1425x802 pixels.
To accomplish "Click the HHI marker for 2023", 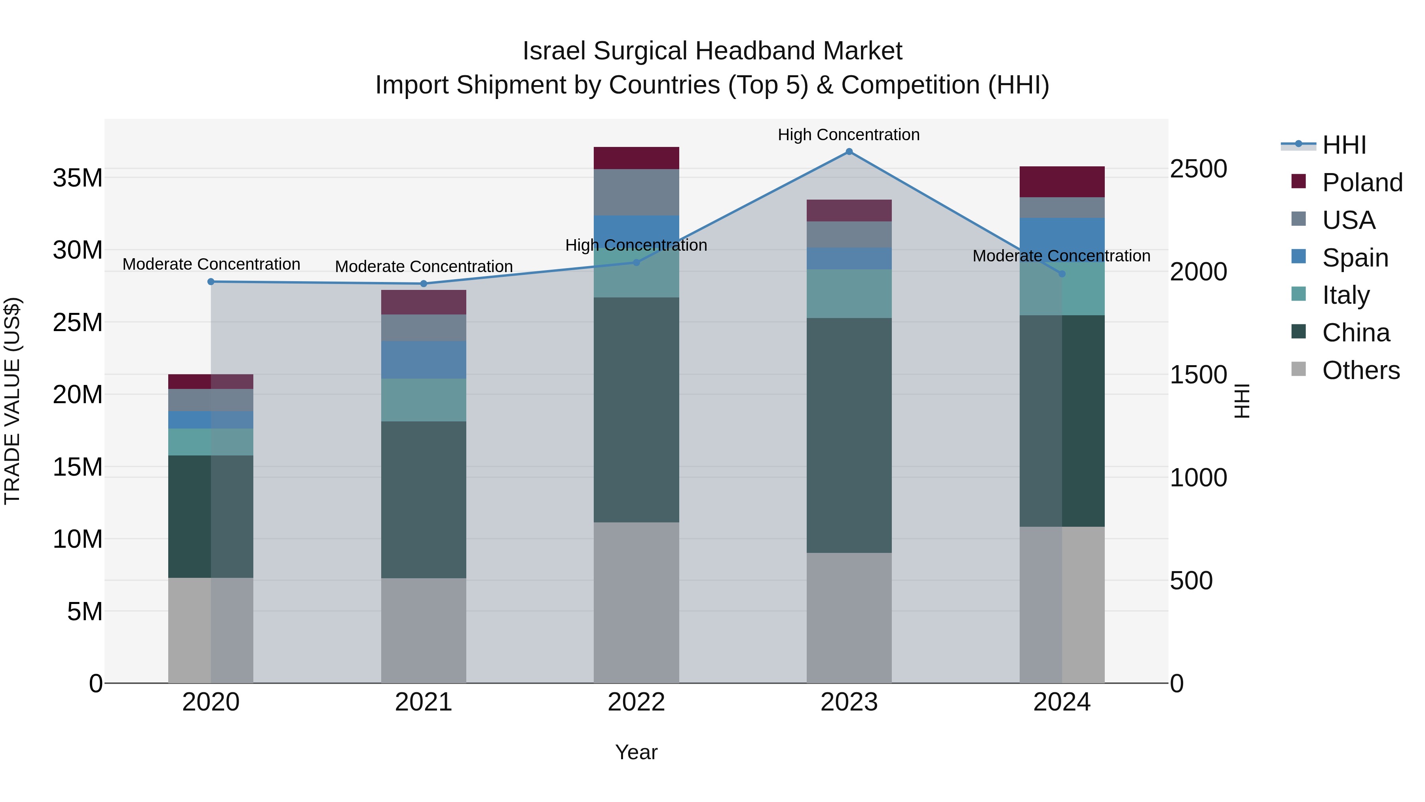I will click(849, 152).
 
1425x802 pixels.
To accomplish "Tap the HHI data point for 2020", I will click(211, 282).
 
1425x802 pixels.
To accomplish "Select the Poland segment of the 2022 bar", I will click(636, 158).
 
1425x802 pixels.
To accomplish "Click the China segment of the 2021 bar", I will click(424, 500).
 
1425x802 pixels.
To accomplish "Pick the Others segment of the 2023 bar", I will click(849, 618).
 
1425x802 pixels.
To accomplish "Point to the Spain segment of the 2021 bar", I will click(424, 360).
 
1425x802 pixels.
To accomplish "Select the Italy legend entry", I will click(1345, 295).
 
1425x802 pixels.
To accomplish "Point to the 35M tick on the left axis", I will click(78, 178).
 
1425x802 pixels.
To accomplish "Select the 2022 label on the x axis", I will click(636, 702).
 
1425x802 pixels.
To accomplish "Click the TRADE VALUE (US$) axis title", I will click(12, 401).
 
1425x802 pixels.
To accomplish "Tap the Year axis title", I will click(636, 752).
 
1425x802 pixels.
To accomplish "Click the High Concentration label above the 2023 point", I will click(849, 135).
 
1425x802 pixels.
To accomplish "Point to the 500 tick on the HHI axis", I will click(1191, 581).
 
